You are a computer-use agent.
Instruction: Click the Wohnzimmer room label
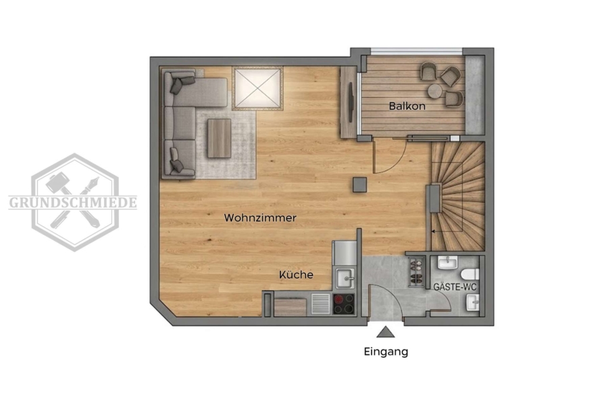point(260,218)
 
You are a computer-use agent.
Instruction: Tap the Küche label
point(296,275)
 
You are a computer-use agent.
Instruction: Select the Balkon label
point(407,106)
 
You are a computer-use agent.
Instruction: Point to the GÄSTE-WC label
point(455,287)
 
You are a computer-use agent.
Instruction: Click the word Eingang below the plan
point(386,352)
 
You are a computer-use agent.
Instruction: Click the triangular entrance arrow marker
point(386,332)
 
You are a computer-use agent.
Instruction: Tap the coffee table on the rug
point(219,138)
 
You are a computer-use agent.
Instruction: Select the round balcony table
point(435,91)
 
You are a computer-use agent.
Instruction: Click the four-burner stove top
point(344,304)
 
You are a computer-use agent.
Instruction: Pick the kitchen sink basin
point(345,278)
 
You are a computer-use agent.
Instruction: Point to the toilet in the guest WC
point(470,275)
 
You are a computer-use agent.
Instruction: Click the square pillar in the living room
point(360,184)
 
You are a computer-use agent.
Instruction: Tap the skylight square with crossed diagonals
point(258,88)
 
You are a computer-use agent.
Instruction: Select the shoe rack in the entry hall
point(416,273)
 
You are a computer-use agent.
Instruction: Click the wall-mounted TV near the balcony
point(351,102)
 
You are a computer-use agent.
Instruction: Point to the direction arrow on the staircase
point(447,232)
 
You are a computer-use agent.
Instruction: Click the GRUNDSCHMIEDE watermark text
point(73,202)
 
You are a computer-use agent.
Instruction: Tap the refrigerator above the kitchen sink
point(345,253)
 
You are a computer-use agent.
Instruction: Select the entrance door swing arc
point(388,298)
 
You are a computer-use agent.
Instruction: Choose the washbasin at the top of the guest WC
point(448,263)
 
